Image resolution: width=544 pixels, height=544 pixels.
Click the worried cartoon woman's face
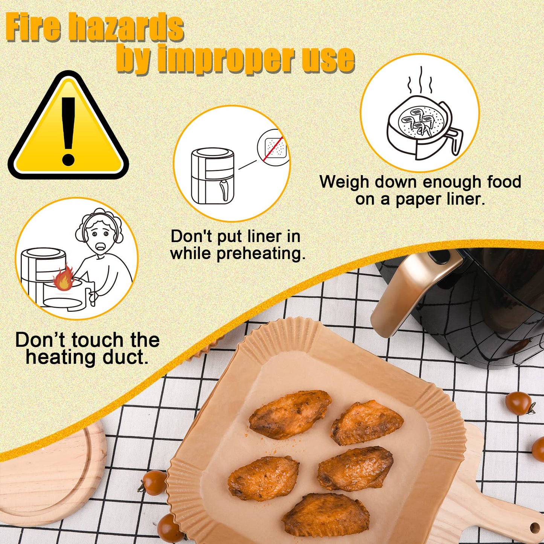pos(100,235)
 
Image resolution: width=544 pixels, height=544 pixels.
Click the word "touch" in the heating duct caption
pos(97,340)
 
